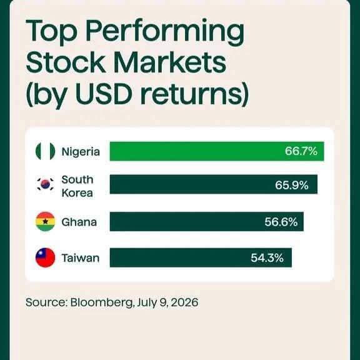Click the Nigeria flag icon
pos(45,151)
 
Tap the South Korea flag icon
pos(45,184)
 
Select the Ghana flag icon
pos(45,221)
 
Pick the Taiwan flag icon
pos(45,257)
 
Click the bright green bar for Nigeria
pos(217,151)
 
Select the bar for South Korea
pos(214,184)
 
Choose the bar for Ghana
pos(207,221)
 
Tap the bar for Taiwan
pos(201,257)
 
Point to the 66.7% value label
pos(301,151)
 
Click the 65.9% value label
pos(292,185)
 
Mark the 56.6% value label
pos(281,222)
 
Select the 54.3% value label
pos(267,258)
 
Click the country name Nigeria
pos(81,152)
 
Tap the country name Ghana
pos(79,222)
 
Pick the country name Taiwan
pos(81,258)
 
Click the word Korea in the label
pos(77,192)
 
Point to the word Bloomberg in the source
pos(102,302)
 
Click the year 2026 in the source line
pos(184,302)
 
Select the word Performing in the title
pos(164,32)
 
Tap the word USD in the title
pos(104,93)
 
